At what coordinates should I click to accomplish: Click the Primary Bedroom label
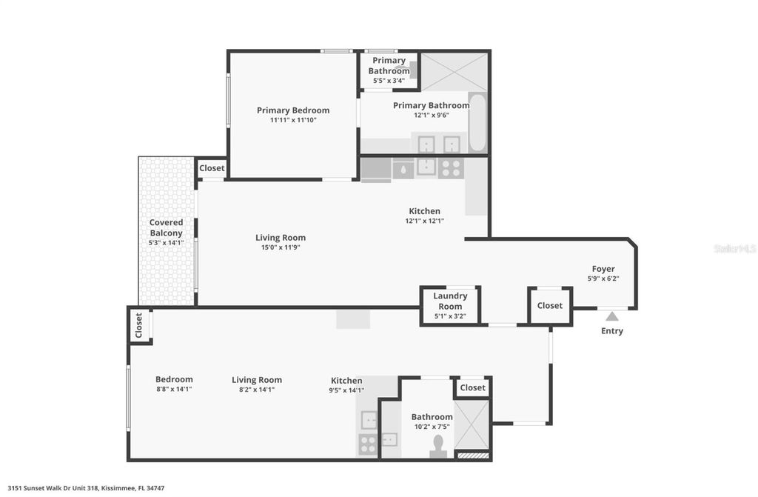pos(293,110)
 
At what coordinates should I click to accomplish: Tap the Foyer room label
pos(603,269)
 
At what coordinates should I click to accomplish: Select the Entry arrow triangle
pos(612,316)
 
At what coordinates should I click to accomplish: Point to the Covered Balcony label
pos(166,227)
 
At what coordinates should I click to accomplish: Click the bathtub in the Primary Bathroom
pos(477,122)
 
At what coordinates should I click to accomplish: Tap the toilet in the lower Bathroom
pos(438,447)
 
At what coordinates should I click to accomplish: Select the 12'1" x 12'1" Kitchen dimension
pos(424,221)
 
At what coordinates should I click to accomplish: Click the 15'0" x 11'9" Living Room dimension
pos(281,247)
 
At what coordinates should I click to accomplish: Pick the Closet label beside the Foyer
pos(550,305)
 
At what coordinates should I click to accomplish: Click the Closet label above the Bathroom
pos(472,387)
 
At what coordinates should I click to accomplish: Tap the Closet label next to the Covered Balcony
pos(212,168)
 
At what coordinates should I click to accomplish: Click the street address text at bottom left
pos(87,488)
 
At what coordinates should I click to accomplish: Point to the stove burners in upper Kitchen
pos(450,168)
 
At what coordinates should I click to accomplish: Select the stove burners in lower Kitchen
pos(368,444)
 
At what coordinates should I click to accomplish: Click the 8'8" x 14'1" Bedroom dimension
pos(174,389)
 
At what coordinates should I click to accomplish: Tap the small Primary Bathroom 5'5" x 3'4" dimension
pos(389,81)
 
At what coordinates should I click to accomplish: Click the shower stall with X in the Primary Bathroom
pos(455,72)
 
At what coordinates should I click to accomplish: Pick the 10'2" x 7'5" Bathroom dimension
pos(432,427)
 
